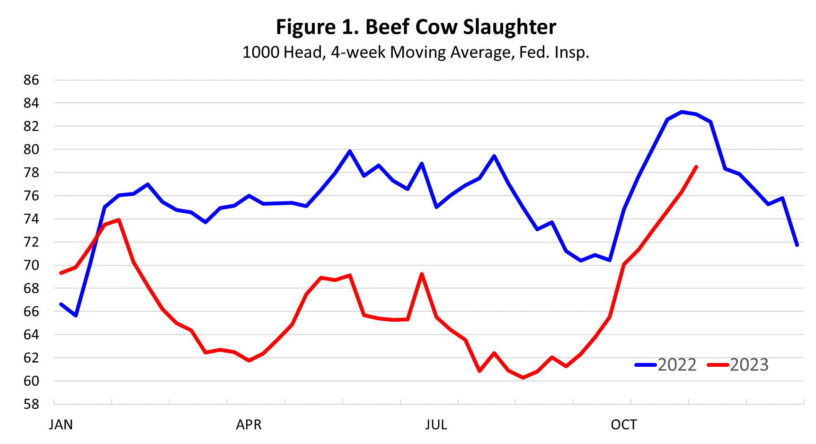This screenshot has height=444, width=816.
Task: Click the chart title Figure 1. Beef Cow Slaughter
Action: click(x=416, y=27)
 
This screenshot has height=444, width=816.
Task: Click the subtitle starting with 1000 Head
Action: click(x=416, y=52)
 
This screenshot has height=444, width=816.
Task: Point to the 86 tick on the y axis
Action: click(x=31, y=80)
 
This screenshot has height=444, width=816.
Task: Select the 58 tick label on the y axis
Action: click(x=31, y=404)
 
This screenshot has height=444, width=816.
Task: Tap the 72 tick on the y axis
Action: click(x=31, y=242)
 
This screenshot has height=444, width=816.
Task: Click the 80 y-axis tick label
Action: click(x=31, y=149)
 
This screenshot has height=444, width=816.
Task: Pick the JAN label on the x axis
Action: click(x=61, y=425)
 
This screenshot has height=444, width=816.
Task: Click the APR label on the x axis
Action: click(x=248, y=425)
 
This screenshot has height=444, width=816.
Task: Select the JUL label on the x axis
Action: click(x=436, y=425)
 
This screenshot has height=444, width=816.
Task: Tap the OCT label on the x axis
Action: click(x=623, y=425)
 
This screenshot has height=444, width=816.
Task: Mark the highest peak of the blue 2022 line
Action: click(x=682, y=112)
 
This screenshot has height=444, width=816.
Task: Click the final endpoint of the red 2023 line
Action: click(x=696, y=167)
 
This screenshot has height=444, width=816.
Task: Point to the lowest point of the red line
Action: click(x=523, y=378)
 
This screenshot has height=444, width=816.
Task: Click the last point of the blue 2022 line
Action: click(x=797, y=245)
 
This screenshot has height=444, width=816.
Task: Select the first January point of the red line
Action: click(x=61, y=273)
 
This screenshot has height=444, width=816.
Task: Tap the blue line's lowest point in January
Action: click(x=76, y=315)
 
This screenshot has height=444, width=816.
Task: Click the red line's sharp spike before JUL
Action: click(x=422, y=274)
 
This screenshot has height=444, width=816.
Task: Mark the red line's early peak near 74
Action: click(x=119, y=220)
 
